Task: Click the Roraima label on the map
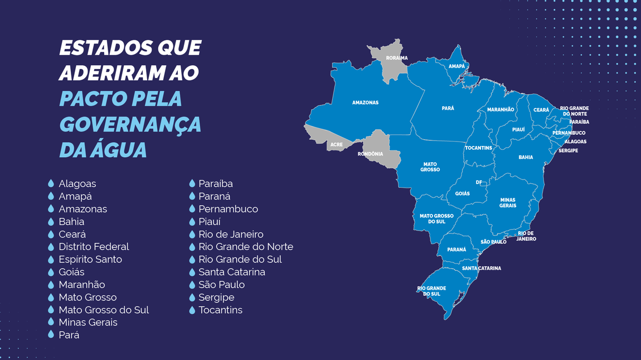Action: pos(397,58)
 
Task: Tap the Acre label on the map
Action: pos(336,144)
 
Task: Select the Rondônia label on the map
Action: pos(370,154)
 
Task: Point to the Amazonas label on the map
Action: pos(365,103)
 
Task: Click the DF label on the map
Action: pos(479,182)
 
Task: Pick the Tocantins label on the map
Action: pos(478,148)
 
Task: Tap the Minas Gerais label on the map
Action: pos(508,203)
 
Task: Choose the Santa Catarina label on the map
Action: pos(482,268)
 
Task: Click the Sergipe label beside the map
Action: pos(568,150)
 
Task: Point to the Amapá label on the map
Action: pos(457,66)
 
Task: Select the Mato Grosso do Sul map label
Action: pos(436,218)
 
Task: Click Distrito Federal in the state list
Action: pos(94,246)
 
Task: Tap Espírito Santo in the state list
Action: pos(90,259)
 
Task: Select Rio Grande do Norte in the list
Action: pos(246,246)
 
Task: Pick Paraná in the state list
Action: pos(215,196)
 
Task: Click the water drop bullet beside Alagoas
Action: pos(51,183)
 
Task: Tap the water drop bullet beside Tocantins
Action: pos(192,310)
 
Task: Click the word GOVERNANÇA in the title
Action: pos(130,124)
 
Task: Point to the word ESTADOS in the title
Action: pos(99,48)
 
